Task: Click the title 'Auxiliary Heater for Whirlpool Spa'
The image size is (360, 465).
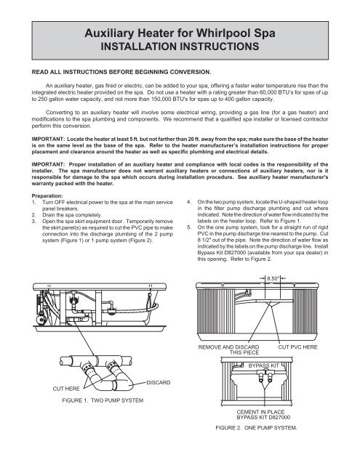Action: click(180, 33)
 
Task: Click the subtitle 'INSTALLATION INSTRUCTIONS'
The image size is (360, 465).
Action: click(180, 46)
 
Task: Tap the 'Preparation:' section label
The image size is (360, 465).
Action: click(47, 195)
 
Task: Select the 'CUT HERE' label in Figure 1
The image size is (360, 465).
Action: click(66, 389)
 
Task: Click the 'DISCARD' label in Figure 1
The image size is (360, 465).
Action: click(159, 382)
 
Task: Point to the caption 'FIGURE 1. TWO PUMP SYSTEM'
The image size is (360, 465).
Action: click(103, 400)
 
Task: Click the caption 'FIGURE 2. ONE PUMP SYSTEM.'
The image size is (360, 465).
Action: click(257, 428)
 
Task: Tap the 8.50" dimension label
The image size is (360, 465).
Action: click(273, 278)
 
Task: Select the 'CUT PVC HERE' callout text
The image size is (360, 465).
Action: click(297, 347)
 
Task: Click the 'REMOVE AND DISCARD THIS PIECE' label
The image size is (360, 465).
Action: click(228, 349)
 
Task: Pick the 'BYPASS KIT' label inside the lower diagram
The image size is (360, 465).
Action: click(263, 365)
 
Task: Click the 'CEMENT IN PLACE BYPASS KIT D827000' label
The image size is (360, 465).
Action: click(263, 415)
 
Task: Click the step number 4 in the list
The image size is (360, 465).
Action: click(189, 202)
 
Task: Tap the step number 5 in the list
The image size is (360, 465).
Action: click(189, 227)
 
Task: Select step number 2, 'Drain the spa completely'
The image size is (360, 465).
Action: click(72, 215)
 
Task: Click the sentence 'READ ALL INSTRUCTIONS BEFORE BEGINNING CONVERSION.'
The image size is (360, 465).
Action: click(121, 72)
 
